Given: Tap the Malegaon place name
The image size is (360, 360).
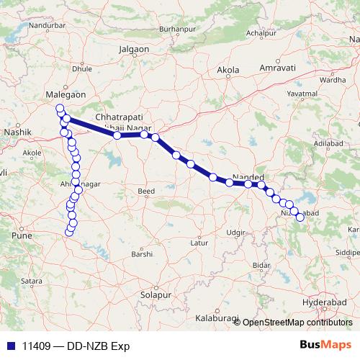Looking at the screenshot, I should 66,94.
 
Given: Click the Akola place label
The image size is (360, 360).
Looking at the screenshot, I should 228,71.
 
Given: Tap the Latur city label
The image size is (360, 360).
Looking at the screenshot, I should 199,243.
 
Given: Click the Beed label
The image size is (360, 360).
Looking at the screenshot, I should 146,191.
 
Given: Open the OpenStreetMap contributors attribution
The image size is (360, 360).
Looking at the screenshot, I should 297,322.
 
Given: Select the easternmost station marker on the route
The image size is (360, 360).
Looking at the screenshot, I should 300,217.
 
